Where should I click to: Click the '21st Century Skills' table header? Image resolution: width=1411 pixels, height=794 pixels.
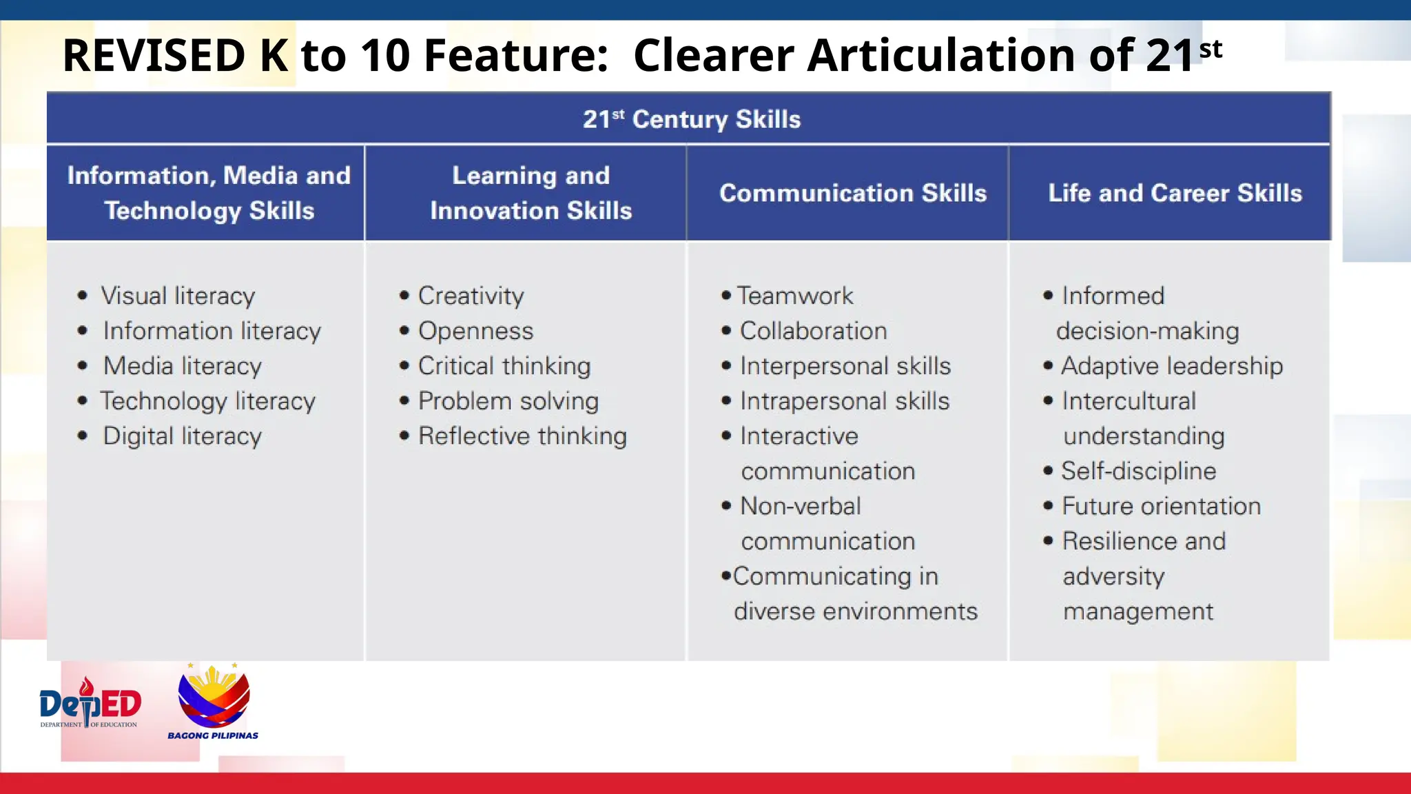coord(691,119)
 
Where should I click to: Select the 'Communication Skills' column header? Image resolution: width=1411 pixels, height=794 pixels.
coord(853,193)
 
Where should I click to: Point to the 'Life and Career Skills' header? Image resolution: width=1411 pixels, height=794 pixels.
coord(1175,193)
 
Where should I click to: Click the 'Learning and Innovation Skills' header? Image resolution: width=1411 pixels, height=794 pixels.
coord(531,193)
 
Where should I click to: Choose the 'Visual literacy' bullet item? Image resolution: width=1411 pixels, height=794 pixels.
coord(178,296)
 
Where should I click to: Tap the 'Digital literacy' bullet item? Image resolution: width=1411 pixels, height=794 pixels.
coord(182,436)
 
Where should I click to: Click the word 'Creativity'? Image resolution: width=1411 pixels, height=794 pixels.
coord(471,296)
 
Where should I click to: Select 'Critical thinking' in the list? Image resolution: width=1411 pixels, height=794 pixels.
coord(504,366)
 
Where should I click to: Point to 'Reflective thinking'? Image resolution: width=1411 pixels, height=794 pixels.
coord(522,436)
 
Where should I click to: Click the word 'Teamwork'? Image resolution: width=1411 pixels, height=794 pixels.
coord(795,296)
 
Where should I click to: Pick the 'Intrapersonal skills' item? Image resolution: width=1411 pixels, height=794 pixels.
coord(845,401)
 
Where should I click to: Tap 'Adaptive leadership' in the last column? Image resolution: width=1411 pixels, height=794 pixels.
coord(1171,366)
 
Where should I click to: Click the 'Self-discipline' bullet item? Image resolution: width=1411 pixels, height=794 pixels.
coord(1138,471)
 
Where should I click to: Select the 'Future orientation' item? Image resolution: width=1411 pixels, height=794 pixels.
coord(1161,507)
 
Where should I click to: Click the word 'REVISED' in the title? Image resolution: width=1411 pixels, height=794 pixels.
coord(154,55)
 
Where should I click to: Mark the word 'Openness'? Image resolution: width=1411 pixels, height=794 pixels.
coord(475,331)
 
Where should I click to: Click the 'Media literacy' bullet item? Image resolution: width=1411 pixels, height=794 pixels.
coord(182,366)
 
